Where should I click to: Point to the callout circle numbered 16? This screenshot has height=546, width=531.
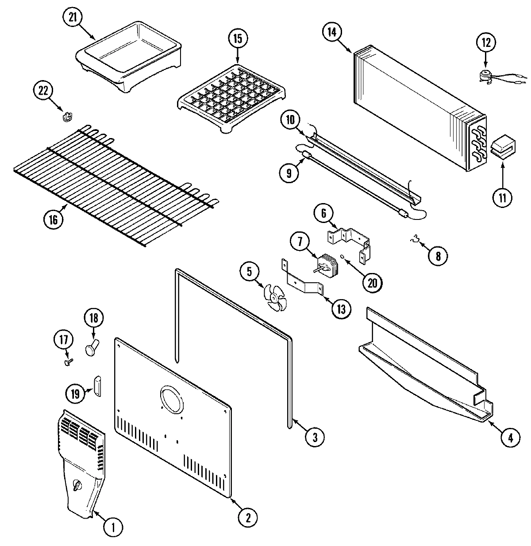point(54,220)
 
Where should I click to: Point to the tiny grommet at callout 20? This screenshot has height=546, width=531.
point(342,255)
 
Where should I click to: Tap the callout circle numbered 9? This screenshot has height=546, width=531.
point(289,173)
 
